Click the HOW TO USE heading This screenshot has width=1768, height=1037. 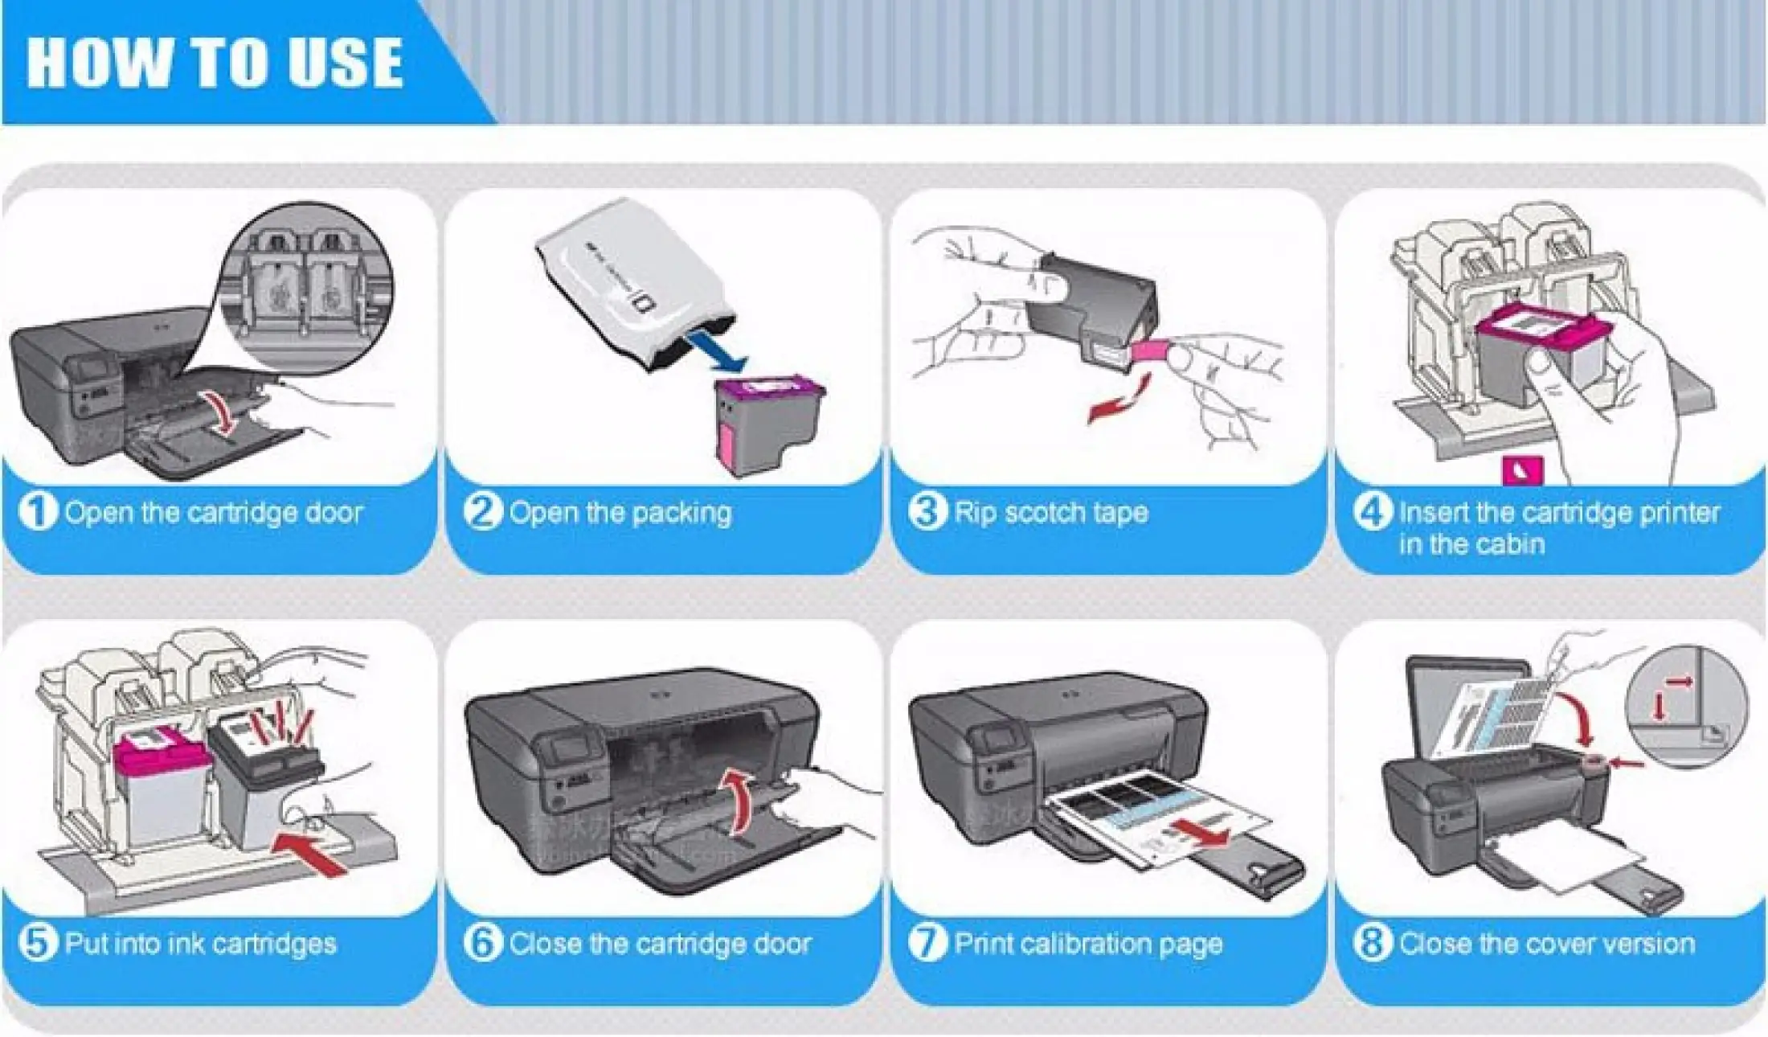pyautogui.click(x=215, y=62)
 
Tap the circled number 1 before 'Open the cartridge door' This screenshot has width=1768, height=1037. pyautogui.click(x=37, y=512)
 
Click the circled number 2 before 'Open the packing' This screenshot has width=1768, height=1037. pyautogui.click(x=482, y=512)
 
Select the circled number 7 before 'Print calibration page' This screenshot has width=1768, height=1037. pyautogui.click(x=927, y=942)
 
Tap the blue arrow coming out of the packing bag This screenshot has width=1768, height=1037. pyautogui.click(x=718, y=350)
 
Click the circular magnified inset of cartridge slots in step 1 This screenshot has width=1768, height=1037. pyautogui.click(x=309, y=287)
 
